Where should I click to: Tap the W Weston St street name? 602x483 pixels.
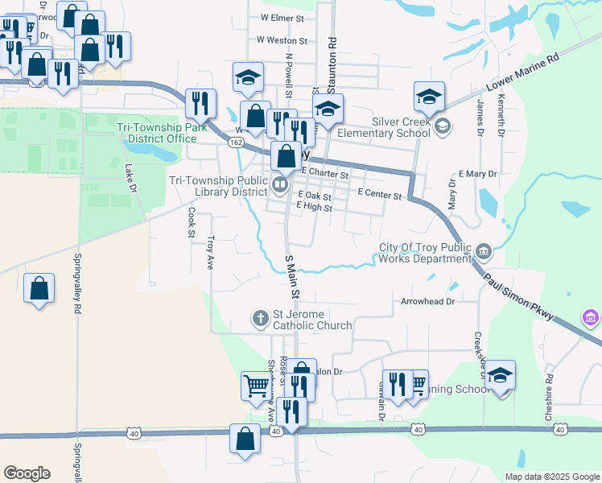[x=282, y=39]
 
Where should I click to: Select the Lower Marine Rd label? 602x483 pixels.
[x=522, y=73]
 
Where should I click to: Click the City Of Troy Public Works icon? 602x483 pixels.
[x=483, y=250]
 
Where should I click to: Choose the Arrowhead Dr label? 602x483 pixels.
[x=428, y=302]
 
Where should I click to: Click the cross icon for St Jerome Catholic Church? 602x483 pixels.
[x=260, y=319]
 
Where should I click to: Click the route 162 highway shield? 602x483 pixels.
[x=235, y=142]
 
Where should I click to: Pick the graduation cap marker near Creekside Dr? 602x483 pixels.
[x=500, y=376]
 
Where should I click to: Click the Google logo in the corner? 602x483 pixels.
[x=27, y=473]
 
